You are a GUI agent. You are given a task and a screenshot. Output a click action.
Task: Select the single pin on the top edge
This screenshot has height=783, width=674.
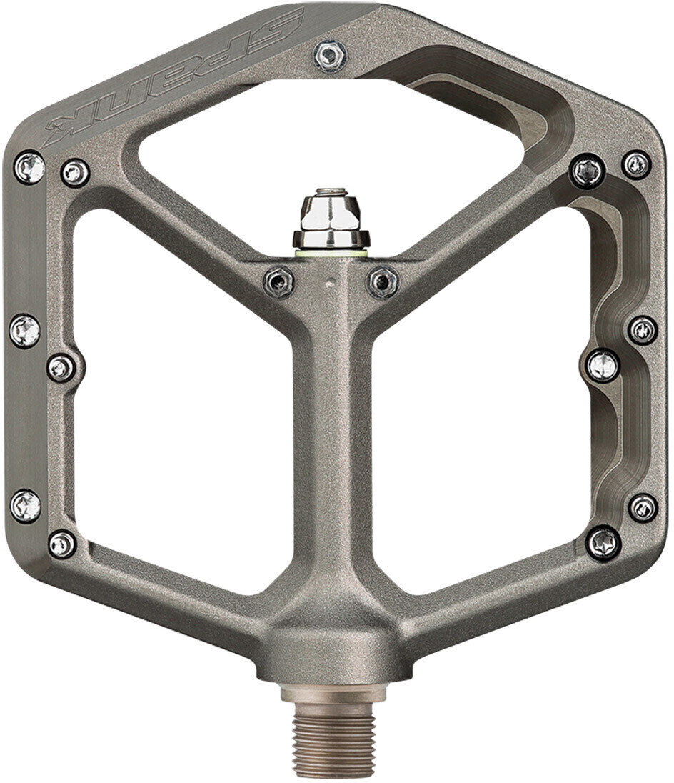point(331,56)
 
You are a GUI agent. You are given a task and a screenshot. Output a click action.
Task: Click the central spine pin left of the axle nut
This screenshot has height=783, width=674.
point(278,281)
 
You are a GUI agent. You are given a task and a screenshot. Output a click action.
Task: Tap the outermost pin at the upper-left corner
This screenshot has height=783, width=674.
point(29,168)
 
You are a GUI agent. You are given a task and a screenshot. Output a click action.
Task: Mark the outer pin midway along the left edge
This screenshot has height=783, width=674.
point(25,331)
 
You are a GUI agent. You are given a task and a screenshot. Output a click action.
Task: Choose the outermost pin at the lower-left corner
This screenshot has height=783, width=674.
point(26,506)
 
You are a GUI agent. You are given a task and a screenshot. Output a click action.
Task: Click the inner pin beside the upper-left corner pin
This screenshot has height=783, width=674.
point(75,173)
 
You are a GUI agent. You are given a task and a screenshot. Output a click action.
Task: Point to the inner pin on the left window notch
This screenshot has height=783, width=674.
point(61,368)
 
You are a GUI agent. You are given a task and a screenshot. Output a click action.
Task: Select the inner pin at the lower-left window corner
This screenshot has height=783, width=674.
point(62,544)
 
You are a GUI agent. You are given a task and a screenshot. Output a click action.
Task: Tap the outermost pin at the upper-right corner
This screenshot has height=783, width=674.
point(636,165)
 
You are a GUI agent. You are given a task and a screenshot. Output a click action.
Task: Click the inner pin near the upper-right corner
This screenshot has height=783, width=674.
point(588,171)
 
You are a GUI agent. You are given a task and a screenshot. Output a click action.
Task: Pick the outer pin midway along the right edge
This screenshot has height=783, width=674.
point(643,330)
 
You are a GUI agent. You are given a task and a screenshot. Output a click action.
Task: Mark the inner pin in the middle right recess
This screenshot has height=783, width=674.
point(603,365)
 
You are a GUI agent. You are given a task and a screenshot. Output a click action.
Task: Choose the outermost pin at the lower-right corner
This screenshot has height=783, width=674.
point(643,507)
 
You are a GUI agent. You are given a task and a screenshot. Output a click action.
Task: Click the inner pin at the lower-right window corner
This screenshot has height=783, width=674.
point(603,542)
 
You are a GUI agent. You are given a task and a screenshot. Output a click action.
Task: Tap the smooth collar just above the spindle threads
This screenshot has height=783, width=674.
point(333,692)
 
